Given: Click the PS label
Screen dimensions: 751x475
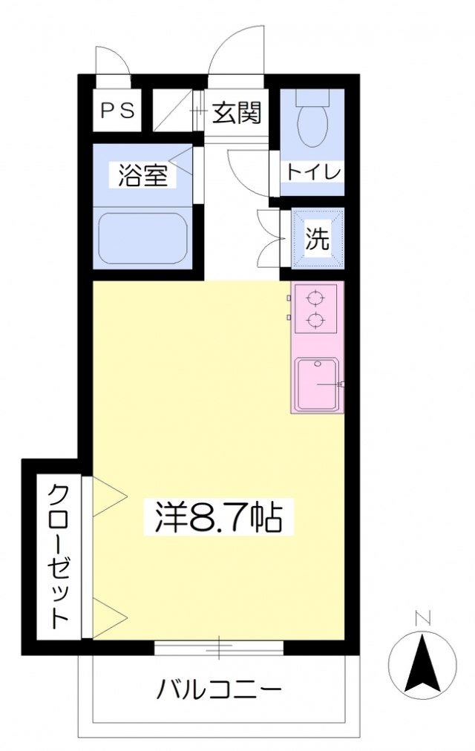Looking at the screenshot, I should click(x=117, y=111).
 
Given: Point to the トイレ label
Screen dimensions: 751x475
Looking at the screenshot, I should click(x=313, y=171).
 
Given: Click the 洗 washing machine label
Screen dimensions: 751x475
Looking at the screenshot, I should click(x=318, y=239).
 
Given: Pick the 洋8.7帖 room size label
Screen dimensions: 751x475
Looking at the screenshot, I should click(x=218, y=517).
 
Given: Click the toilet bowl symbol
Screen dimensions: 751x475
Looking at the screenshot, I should click(x=312, y=122).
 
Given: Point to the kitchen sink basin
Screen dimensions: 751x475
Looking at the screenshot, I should click(x=318, y=384).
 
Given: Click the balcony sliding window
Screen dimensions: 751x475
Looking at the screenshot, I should click(x=219, y=648).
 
